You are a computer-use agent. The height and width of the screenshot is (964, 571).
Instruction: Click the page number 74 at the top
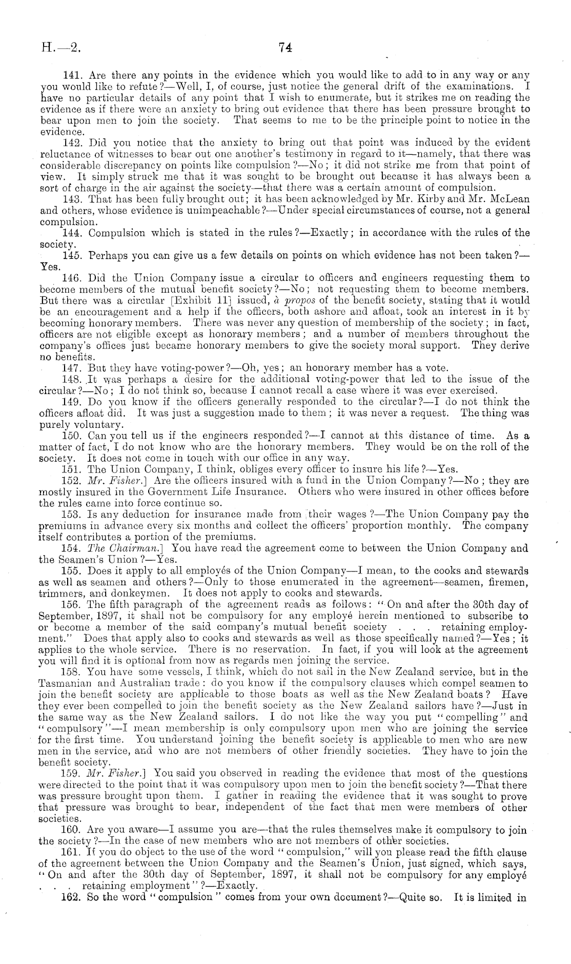(285, 48)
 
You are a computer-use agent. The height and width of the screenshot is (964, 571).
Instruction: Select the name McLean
(508, 199)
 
